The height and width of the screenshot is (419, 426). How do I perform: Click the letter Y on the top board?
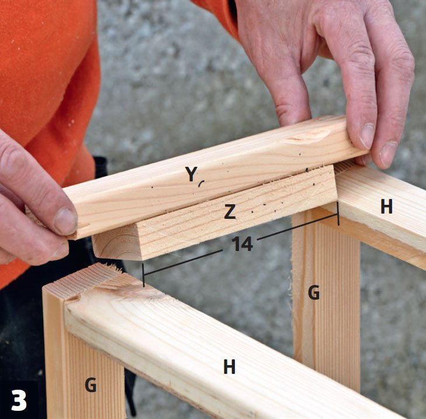[191, 174]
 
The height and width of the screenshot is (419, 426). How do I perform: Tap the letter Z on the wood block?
[230, 212]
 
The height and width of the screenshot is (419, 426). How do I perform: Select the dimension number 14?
[242, 243]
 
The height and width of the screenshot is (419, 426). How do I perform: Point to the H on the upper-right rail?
[387, 206]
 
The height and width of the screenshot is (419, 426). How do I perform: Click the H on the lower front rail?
[229, 366]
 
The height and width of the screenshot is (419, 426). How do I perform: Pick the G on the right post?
[314, 293]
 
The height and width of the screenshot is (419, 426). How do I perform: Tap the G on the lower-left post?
[91, 384]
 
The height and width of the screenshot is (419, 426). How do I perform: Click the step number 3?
[19, 400]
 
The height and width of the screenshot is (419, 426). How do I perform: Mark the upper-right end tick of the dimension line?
[338, 214]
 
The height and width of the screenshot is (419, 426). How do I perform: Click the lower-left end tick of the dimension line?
[143, 275]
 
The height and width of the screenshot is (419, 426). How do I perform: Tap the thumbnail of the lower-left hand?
[65, 221]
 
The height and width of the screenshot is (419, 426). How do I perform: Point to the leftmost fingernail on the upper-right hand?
[367, 136]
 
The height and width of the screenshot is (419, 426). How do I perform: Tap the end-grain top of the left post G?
[81, 281]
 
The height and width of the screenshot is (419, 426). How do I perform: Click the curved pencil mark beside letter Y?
[201, 183]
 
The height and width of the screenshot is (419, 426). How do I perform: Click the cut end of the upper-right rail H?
[345, 167]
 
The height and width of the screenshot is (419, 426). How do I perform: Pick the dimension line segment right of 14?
[297, 226]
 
